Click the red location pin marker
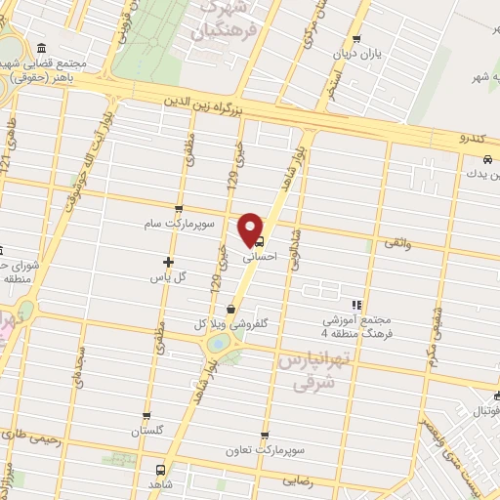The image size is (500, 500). (x=252, y=228)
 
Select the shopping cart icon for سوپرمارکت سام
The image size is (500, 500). (x=178, y=210)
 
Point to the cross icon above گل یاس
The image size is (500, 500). (x=168, y=262)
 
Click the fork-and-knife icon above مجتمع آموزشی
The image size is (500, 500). (x=357, y=305)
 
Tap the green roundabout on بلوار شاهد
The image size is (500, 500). (x=219, y=342)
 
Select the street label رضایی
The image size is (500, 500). (x=298, y=481)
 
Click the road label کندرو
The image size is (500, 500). (x=474, y=139)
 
